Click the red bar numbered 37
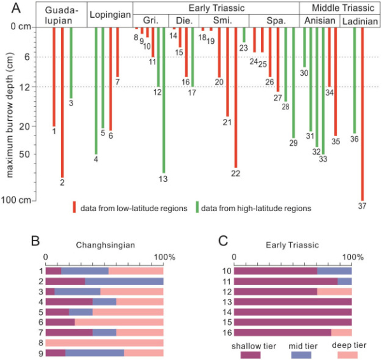click(x=362, y=114)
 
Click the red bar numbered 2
click(x=62, y=102)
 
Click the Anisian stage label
click(x=318, y=21)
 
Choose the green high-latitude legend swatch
click(x=197, y=207)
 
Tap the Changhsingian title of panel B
click(x=104, y=244)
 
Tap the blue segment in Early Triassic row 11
click(x=344, y=280)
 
